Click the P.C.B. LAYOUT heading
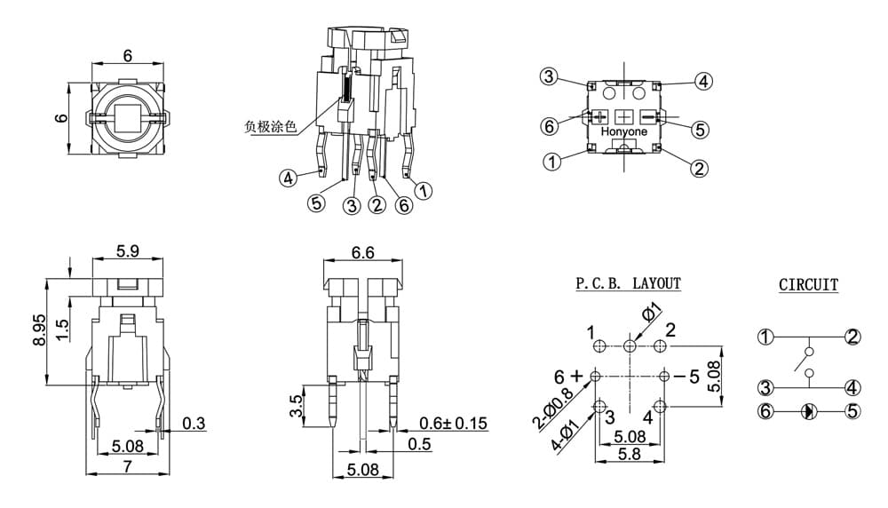pos(628,283)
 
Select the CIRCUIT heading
pos(808,285)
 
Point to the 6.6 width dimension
pos(362,252)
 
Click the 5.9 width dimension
pos(127,250)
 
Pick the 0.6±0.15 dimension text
pos(453,423)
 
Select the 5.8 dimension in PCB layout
pos(630,454)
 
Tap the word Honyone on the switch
pos(624,131)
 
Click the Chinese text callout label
pos(270,127)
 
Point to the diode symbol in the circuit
pos(809,411)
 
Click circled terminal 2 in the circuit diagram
pos(852,337)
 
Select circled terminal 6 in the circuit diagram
pos(765,410)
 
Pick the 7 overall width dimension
pos(127,466)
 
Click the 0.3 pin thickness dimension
pos(194,423)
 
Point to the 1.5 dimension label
pos(62,330)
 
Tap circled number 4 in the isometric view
pos(289,178)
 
